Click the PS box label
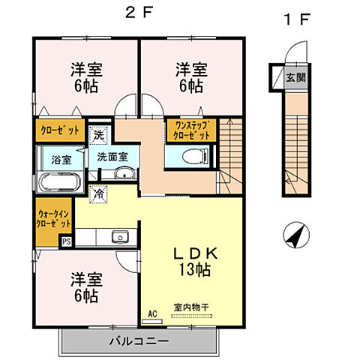(x=66, y=241)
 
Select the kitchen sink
(x=119, y=238)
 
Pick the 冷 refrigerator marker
(x=98, y=193)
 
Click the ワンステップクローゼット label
(x=190, y=129)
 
